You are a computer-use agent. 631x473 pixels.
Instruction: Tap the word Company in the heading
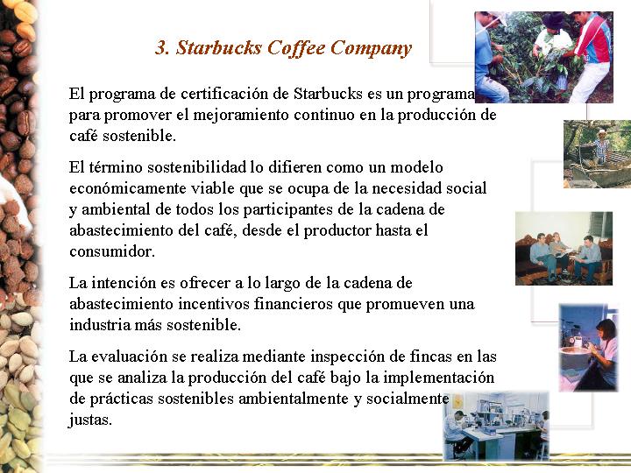(371, 49)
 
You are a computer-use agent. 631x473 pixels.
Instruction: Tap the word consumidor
(112, 251)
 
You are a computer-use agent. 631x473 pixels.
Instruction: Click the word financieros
(293, 304)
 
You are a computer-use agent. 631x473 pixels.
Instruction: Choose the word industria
(99, 325)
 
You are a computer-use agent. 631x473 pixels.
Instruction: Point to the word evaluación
(130, 357)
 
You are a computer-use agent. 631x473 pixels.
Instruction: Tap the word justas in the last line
(90, 420)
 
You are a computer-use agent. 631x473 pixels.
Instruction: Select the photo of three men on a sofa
(564, 249)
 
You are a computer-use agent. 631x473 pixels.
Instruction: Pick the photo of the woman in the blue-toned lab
(589, 348)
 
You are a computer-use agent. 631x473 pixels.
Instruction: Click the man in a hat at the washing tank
(602, 147)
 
